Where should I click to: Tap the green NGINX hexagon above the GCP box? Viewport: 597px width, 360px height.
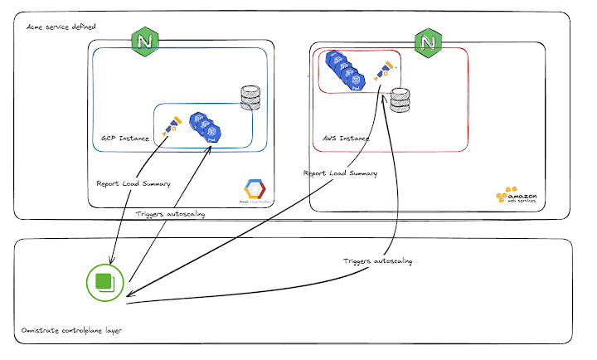[147, 40]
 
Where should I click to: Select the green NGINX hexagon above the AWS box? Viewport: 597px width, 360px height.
[428, 41]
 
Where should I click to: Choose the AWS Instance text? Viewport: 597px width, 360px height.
[346, 138]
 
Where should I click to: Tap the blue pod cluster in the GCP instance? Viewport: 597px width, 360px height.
[204, 129]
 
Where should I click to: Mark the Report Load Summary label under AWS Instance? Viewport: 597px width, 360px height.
[341, 173]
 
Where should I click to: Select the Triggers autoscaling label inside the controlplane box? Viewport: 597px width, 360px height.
[377, 260]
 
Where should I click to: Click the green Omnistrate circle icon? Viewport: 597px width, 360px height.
[105, 282]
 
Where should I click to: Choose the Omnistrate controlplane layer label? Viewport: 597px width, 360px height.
[71, 330]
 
